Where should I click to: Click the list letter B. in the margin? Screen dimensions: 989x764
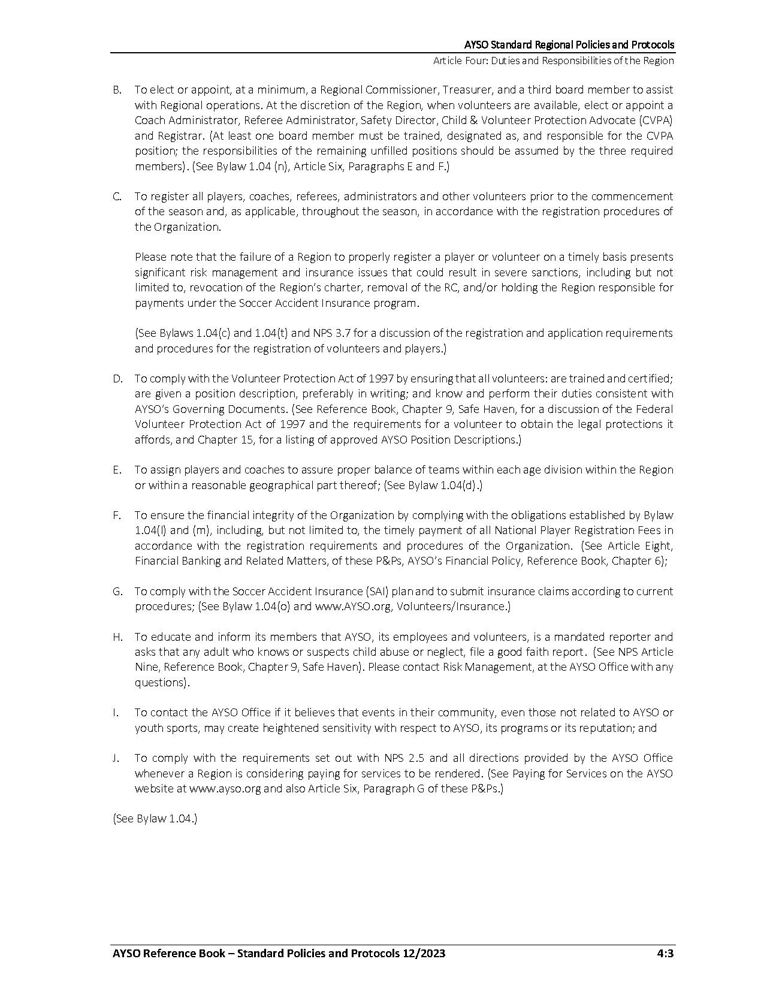(x=117, y=90)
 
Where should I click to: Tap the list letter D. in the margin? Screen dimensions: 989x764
(x=117, y=379)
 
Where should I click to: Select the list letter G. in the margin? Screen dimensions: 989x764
(x=117, y=592)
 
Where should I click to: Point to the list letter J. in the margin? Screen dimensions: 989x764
(x=116, y=758)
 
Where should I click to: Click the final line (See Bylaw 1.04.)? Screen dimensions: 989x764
(x=155, y=819)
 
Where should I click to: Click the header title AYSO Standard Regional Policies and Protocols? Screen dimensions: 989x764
(x=569, y=45)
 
